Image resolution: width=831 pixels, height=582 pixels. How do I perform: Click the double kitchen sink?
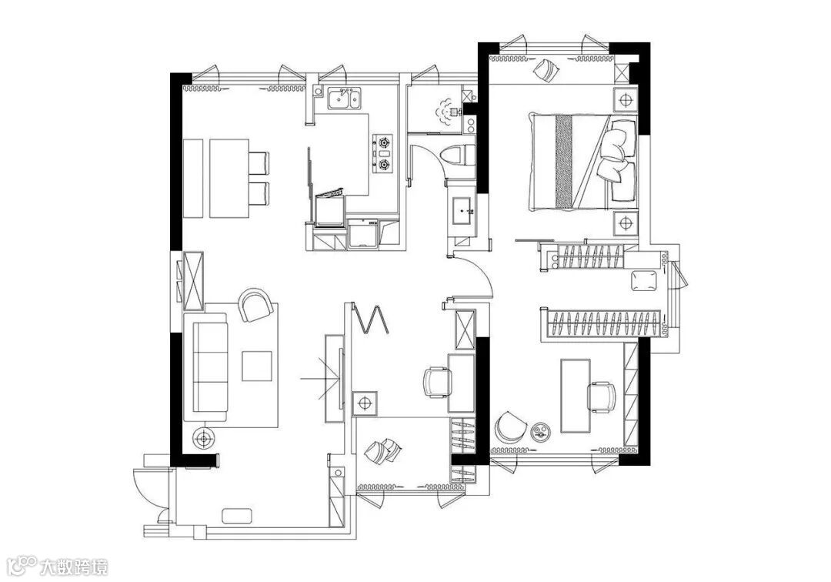tap(342, 99)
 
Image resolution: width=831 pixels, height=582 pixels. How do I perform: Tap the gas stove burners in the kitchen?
tap(382, 152)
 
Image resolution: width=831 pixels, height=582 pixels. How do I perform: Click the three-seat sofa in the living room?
tap(209, 366)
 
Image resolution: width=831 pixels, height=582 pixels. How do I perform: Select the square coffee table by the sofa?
tap(257, 366)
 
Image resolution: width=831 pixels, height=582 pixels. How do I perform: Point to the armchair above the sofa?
tap(255, 305)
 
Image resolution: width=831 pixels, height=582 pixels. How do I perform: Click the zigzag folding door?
tap(371, 317)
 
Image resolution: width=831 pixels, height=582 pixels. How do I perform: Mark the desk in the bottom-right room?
tap(574, 395)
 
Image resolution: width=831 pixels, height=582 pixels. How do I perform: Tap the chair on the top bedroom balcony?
tap(547, 70)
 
